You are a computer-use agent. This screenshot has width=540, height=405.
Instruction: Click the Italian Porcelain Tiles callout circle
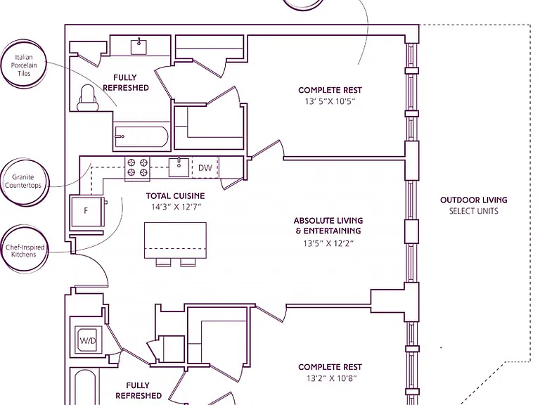pos(3,65)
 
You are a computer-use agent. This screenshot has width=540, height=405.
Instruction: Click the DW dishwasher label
pos(205,168)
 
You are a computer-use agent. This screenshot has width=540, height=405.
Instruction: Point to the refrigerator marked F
pos(86,211)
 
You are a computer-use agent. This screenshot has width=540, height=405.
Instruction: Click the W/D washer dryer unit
pos(88,341)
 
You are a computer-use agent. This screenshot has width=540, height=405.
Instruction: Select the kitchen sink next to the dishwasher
pos(179,167)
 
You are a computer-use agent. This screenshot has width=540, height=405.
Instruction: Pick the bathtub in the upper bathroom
pos(141,136)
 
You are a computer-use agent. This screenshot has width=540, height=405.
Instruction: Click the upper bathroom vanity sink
pos(139,47)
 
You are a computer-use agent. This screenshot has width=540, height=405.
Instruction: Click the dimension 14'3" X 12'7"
pos(176,207)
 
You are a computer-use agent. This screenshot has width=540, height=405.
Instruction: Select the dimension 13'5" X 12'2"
pos(328,243)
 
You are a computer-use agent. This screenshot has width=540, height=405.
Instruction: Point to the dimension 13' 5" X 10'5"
pos(330,101)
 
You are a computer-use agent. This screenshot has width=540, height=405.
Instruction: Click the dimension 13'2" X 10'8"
pos(332,378)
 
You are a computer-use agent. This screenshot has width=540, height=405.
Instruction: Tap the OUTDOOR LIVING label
pos(473,200)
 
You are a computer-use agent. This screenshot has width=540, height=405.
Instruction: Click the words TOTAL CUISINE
pos(175,196)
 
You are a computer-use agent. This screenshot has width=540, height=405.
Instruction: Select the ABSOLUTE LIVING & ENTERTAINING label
pos(328,226)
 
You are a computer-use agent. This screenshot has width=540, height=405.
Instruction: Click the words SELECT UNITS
pos(473,211)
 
